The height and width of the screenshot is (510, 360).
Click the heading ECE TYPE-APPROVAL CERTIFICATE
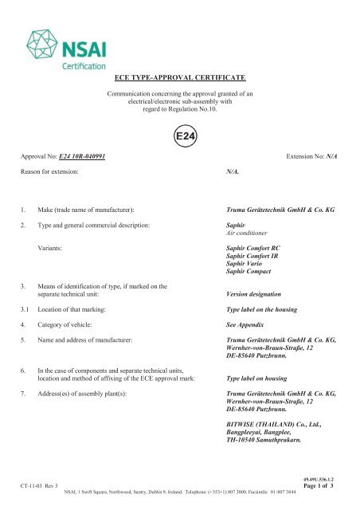point(180,77)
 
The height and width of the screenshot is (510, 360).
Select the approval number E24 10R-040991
point(72,156)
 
